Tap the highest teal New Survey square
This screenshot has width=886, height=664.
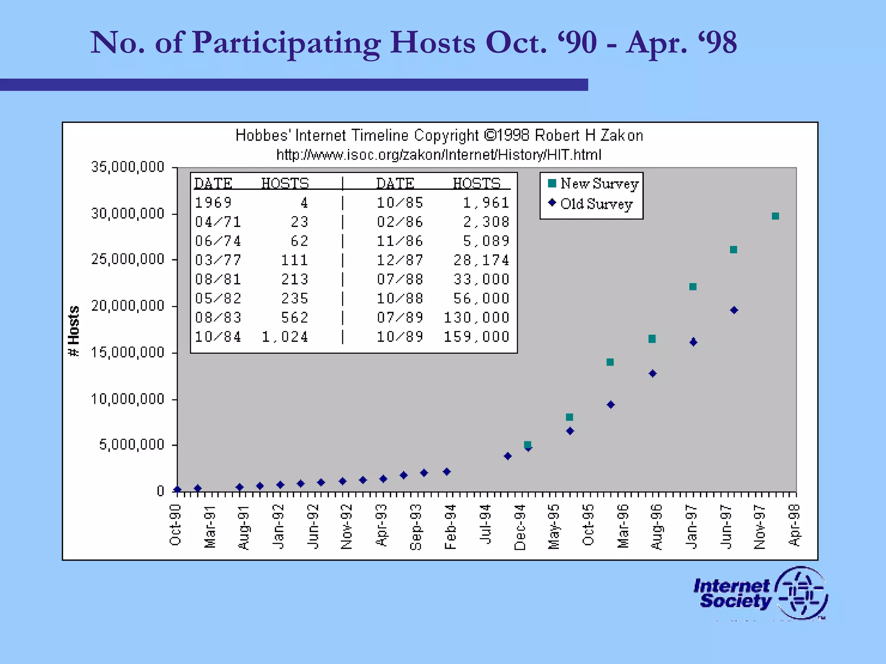(775, 216)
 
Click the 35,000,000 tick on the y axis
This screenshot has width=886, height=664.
(128, 167)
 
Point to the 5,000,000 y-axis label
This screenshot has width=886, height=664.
(132, 444)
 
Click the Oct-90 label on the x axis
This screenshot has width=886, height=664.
(175, 525)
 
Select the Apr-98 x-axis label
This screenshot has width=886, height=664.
(794, 525)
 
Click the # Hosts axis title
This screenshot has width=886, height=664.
(74, 331)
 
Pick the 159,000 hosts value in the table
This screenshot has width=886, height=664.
(476, 337)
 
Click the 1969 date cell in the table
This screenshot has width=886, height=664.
(213, 202)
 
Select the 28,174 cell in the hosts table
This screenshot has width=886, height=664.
(481, 260)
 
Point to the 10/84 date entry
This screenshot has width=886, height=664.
(218, 337)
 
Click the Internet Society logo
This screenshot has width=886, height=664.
(760, 593)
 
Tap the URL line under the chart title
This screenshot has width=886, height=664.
(438, 155)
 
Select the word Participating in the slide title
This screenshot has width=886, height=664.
(286, 43)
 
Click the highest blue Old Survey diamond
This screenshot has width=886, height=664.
(734, 310)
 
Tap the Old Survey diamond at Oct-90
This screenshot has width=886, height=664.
(177, 490)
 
